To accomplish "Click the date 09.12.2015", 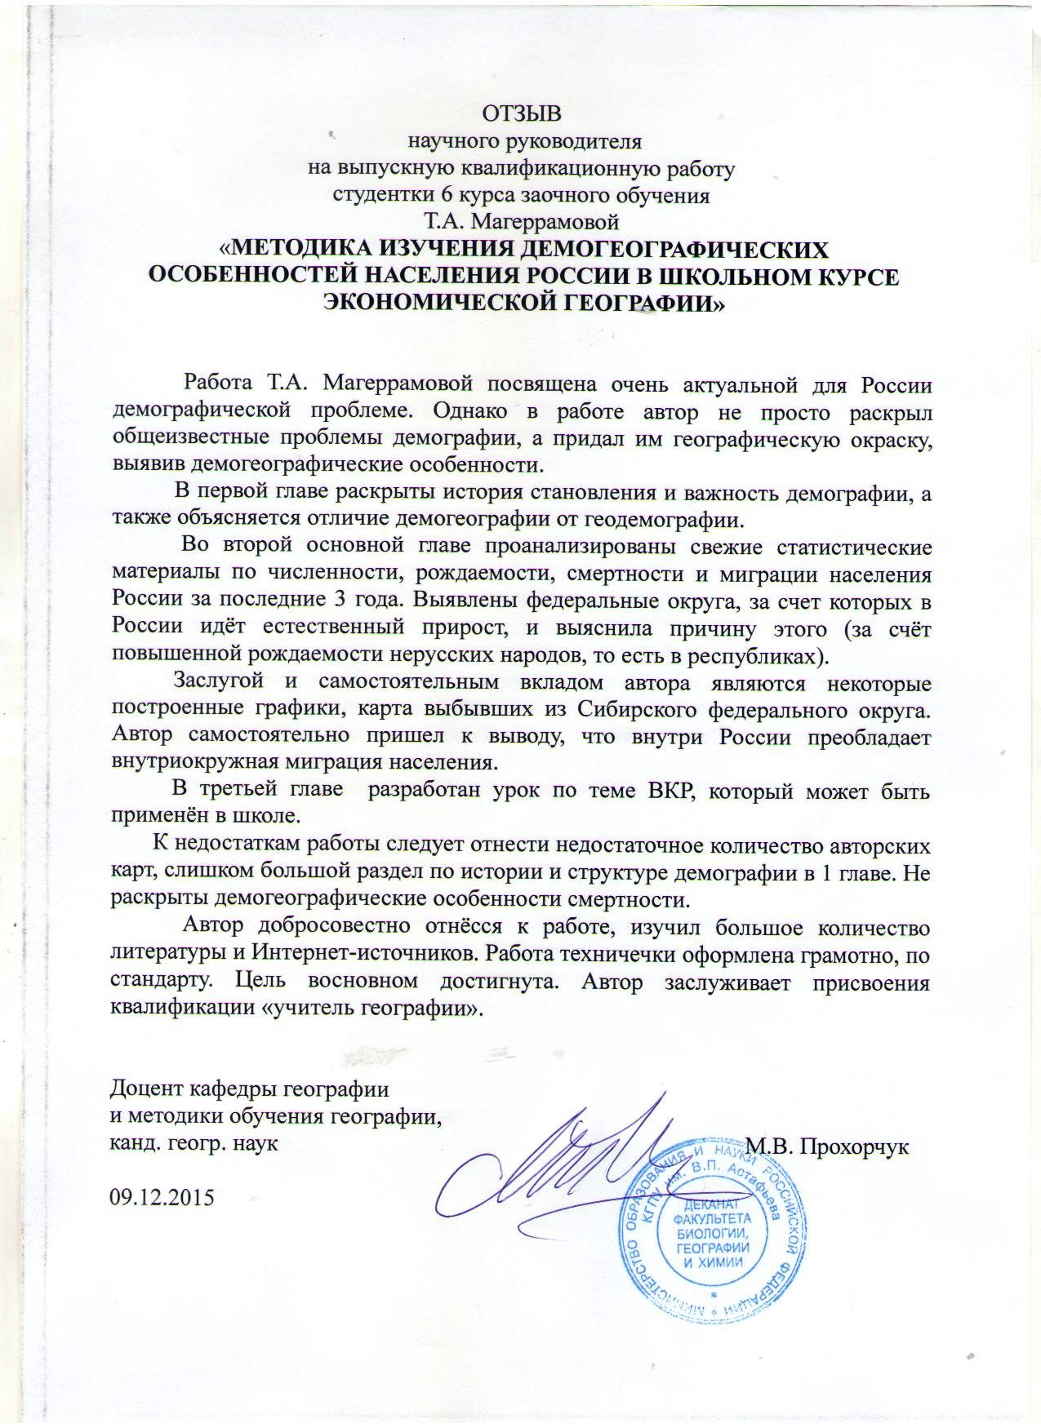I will pyautogui.click(x=161, y=1197).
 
